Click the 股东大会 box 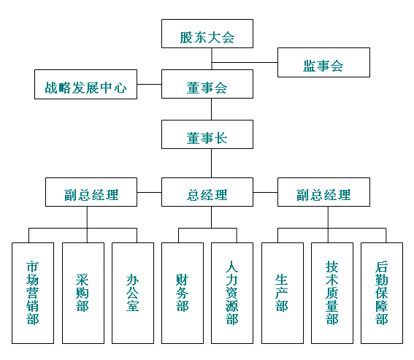[207, 34]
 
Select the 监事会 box [323, 62]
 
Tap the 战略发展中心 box [86, 84]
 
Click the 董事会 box [207, 84]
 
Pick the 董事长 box [207, 134]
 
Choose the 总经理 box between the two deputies [207, 192]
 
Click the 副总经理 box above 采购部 [91, 192]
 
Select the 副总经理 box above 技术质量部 [323, 192]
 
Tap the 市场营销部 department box [33, 293]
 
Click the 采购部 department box [83, 293]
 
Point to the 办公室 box [133, 293]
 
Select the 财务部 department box [183, 293]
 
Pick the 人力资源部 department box [232, 293]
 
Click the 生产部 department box [283, 293]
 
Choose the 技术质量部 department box [332, 293]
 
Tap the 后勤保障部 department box [382, 293]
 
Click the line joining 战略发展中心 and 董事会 [150, 84]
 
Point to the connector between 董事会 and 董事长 [211, 109]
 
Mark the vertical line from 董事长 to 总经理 [211, 164]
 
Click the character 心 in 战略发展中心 [120, 88]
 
